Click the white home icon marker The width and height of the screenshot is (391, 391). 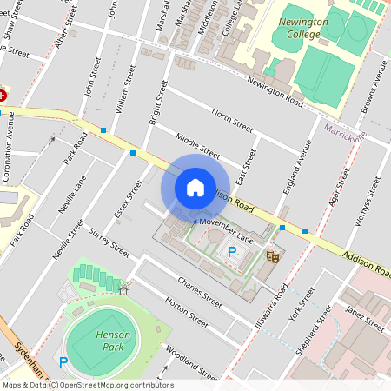click(195, 187)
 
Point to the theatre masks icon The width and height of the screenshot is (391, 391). click(273, 256)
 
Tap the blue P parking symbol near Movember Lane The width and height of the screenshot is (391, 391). click(232, 252)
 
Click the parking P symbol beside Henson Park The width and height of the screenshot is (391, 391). click(63, 361)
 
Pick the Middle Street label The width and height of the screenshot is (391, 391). click(198, 143)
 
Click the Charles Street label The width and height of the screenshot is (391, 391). click(199, 292)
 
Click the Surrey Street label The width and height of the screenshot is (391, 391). click(109, 243)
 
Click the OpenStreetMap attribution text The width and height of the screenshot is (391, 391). click(87, 385)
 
